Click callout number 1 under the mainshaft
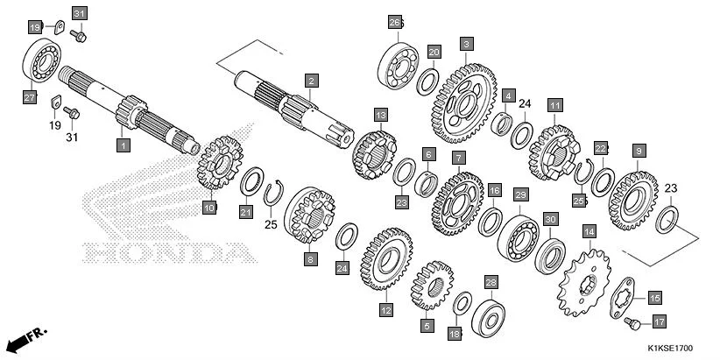pyautogui.click(x=124, y=143)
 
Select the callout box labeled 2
pyautogui.click(x=310, y=81)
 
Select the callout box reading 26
pyautogui.click(x=394, y=22)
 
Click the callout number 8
pyautogui.click(x=310, y=259)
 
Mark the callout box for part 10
pyautogui.click(x=208, y=208)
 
